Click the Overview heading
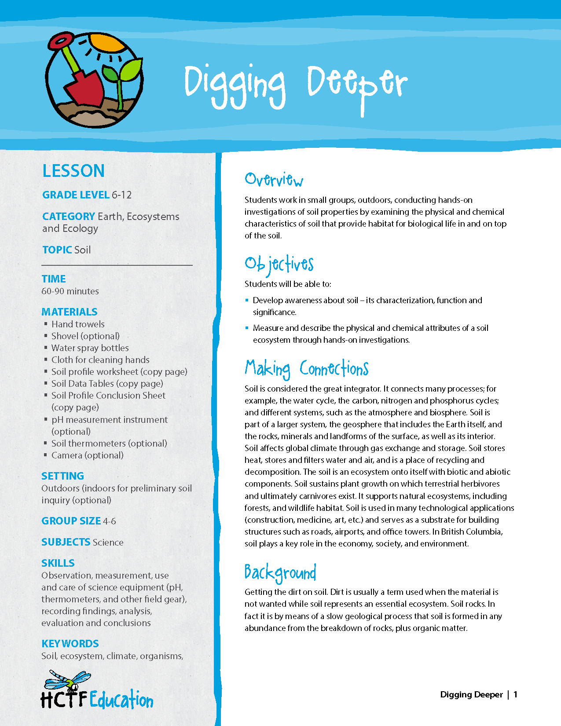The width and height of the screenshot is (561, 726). (x=274, y=180)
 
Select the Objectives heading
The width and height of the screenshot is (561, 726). (x=279, y=264)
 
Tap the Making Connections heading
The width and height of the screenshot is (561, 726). (x=307, y=369)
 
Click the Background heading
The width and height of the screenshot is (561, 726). (x=280, y=572)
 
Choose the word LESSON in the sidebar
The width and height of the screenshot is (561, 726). (x=73, y=171)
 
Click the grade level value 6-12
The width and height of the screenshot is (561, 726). (x=122, y=195)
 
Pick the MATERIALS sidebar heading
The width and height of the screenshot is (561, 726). (x=70, y=312)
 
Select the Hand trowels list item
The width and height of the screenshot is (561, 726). (x=78, y=324)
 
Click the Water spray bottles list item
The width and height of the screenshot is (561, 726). (x=90, y=348)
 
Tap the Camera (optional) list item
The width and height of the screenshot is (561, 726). (x=88, y=455)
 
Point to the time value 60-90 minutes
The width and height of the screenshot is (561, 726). (x=70, y=291)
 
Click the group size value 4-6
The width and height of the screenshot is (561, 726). (x=110, y=521)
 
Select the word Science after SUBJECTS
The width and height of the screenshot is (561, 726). (x=108, y=543)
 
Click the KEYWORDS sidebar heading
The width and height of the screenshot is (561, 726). (x=70, y=644)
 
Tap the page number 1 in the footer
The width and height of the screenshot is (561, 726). (x=516, y=695)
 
